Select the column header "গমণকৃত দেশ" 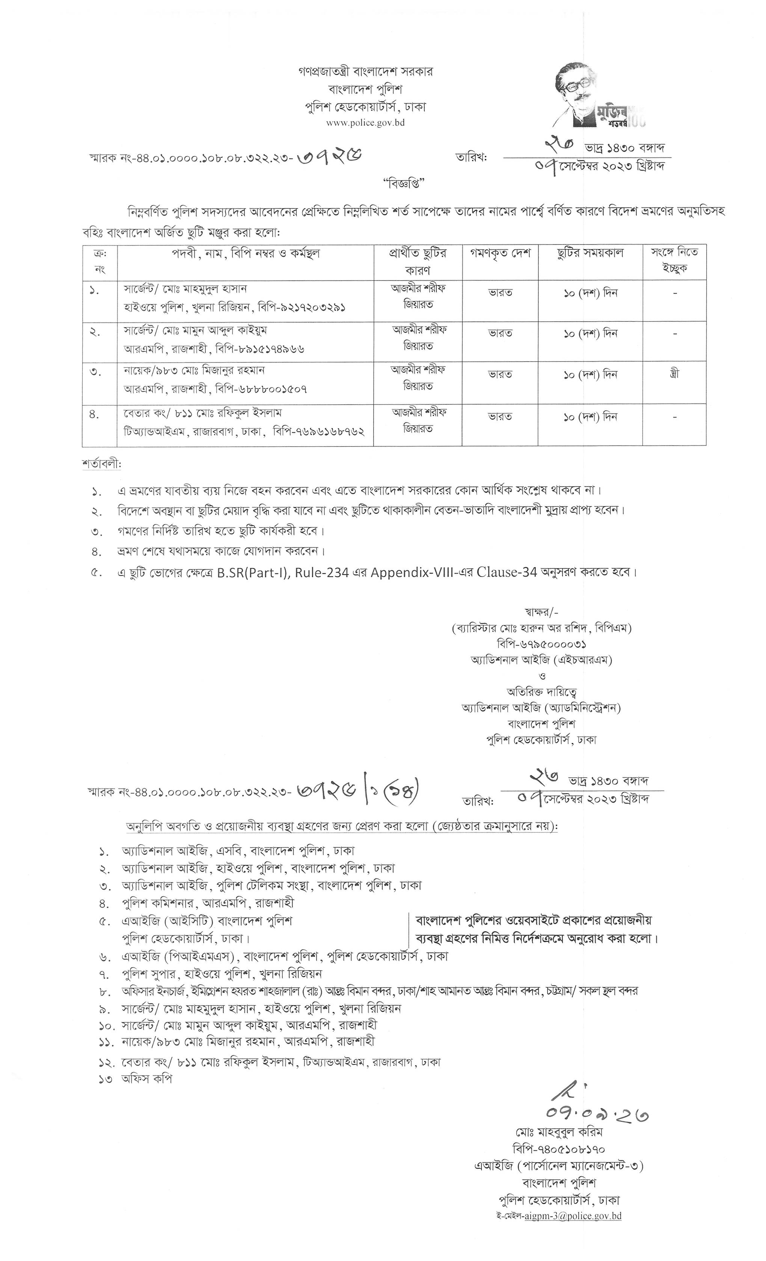(x=500, y=253)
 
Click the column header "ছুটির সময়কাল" (x=590, y=253)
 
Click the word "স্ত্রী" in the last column (x=674, y=374)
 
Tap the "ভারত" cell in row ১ (x=500, y=293)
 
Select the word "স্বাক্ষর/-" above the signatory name (x=541, y=612)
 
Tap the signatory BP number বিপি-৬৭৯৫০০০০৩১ (x=541, y=644)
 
